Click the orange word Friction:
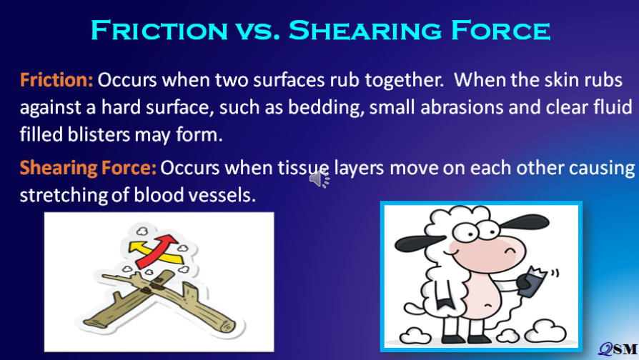(56, 80)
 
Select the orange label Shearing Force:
(88, 168)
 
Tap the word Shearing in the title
(365, 30)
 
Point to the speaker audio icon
(319, 179)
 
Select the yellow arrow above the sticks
(155, 252)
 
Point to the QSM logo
(618, 349)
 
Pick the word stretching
(64, 196)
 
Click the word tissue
(303, 168)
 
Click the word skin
(561, 80)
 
